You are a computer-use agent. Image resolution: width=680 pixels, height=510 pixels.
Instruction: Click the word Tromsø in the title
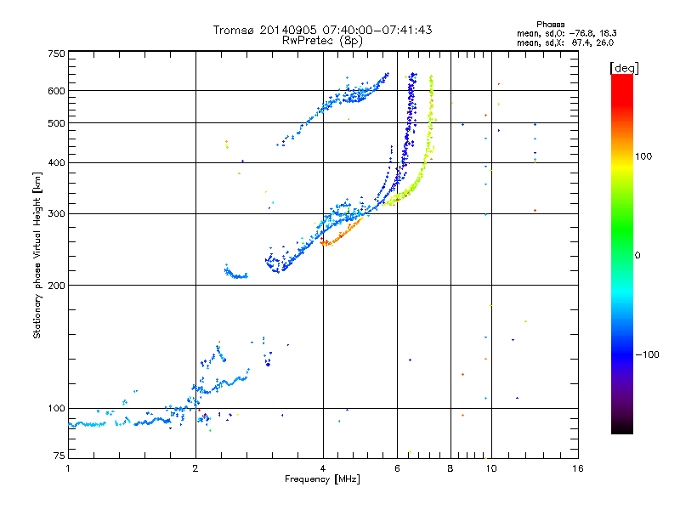[235, 30]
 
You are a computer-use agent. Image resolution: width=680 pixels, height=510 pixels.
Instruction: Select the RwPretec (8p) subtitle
[322, 41]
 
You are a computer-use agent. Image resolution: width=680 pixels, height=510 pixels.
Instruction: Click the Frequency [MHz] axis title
[322, 479]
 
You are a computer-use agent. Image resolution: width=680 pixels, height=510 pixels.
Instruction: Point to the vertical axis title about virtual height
[37, 255]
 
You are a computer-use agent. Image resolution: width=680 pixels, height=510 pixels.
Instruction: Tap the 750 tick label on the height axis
[56, 54]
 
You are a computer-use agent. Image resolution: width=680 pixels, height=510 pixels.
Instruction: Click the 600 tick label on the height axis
[56, 91]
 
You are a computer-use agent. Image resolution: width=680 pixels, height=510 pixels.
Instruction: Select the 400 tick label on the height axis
[56, 162]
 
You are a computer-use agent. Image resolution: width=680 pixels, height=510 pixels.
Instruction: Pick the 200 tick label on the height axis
[56, 286]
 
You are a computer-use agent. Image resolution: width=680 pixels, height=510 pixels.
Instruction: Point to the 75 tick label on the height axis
[59, 456]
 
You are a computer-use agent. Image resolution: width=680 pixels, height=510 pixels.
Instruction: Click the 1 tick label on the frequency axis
[68, 468]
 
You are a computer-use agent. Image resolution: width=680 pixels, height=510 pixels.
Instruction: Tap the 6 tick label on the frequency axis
[397, 468]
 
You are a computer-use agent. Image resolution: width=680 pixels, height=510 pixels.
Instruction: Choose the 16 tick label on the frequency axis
[578, 468]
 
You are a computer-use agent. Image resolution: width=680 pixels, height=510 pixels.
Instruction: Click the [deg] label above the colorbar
[624, 68]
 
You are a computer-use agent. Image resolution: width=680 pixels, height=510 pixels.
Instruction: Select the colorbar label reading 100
[643, 156]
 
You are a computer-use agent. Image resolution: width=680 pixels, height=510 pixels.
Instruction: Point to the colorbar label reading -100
[647, 354]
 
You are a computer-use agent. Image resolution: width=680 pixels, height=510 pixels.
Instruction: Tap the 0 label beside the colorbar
[637, 256]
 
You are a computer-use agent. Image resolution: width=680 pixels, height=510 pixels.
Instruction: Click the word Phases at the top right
[550, 25]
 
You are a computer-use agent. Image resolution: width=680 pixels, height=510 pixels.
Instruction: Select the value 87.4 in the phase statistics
[582, 42]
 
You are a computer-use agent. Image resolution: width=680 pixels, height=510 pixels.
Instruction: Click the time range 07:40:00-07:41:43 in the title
[377, 30]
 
